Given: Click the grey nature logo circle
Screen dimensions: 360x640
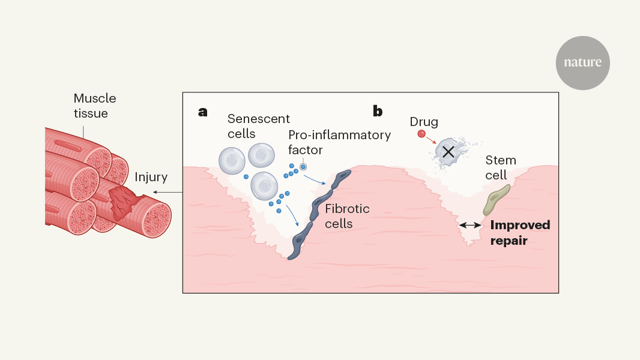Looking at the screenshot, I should tap(582, 63).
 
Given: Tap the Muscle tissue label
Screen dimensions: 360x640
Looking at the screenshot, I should tap(95, 106).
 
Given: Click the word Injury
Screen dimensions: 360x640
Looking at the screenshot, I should tap(151, 178).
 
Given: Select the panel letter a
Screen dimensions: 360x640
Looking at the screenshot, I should tap(203, 111).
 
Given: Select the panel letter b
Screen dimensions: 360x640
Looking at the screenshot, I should tap(378, 111).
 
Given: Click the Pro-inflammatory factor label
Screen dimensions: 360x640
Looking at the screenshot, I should tap(339, 142).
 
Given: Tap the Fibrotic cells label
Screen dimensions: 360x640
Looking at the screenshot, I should tap(347, 217).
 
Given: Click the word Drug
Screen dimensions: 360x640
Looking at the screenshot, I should tap(424, 122).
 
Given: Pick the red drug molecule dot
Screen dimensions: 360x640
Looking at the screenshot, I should tap(421, 134).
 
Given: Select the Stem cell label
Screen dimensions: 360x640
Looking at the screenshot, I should tap(500, 168).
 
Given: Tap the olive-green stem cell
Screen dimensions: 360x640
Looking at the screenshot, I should tap(497, 200).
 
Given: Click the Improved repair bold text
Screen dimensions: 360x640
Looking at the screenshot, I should tap(520, 233).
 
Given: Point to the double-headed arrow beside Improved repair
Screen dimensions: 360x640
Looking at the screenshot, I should tap(470, 225).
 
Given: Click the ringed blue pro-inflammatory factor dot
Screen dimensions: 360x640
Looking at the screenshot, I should tap(304, 167).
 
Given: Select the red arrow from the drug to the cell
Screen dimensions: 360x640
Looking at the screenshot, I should tap(430, 140).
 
